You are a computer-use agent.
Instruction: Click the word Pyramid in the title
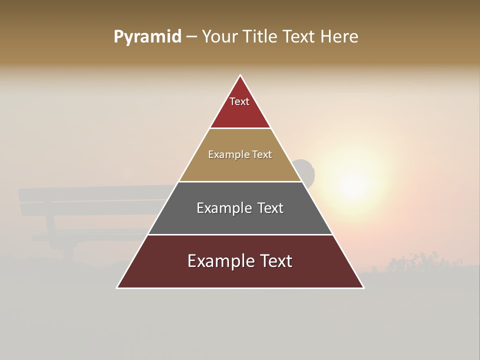coord(147,37)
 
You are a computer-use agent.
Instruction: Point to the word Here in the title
coord(339,37)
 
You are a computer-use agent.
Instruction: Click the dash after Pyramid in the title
coord(191,37)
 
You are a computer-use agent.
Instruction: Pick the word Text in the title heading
coord(299,37)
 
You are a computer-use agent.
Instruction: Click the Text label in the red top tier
coord(239,101)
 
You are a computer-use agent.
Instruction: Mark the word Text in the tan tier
coord(262,155)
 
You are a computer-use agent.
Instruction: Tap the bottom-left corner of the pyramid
coord(117,287)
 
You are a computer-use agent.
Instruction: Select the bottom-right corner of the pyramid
coord(363,287)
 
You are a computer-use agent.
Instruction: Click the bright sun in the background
coord(354,186)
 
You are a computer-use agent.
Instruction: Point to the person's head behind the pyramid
coord(306,170)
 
